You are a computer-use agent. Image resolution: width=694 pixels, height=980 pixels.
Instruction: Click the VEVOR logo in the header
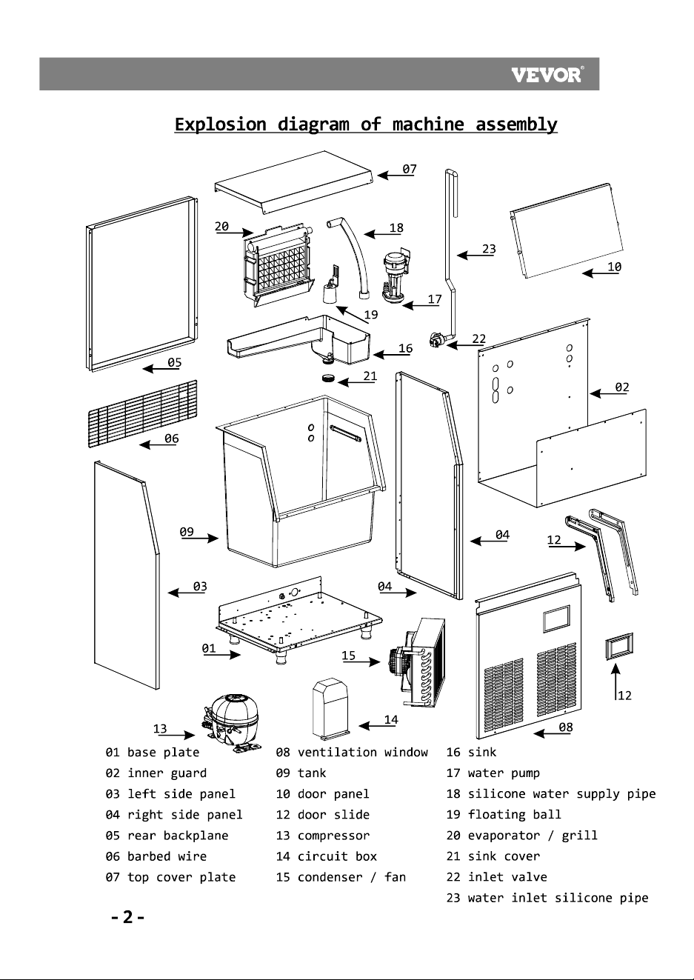(x=547, y=74)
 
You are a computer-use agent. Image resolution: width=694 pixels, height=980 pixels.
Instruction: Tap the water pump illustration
(x=396, y=276)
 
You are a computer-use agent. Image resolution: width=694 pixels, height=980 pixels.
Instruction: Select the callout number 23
(x=489, y=249)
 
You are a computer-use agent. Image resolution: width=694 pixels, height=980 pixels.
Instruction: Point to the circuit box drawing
(x=330, y=708)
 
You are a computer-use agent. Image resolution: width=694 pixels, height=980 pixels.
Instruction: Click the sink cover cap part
(x=328, y=377)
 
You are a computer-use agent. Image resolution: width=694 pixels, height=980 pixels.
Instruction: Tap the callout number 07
(x=410, y=169)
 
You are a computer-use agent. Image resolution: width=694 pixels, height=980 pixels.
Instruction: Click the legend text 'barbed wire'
(x=167, y=856)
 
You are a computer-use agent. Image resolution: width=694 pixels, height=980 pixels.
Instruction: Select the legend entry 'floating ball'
(x=514, y=814)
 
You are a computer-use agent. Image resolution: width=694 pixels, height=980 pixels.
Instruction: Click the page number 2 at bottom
(x=127, y=916)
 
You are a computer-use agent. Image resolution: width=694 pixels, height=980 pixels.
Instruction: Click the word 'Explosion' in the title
(x=220, y=124)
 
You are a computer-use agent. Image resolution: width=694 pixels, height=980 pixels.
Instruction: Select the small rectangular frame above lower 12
(x=618, y=646)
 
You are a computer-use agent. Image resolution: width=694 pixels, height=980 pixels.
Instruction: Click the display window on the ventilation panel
(x=556, y=619)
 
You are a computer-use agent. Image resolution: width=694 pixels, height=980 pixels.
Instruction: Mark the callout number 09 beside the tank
(x=187, y=532)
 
